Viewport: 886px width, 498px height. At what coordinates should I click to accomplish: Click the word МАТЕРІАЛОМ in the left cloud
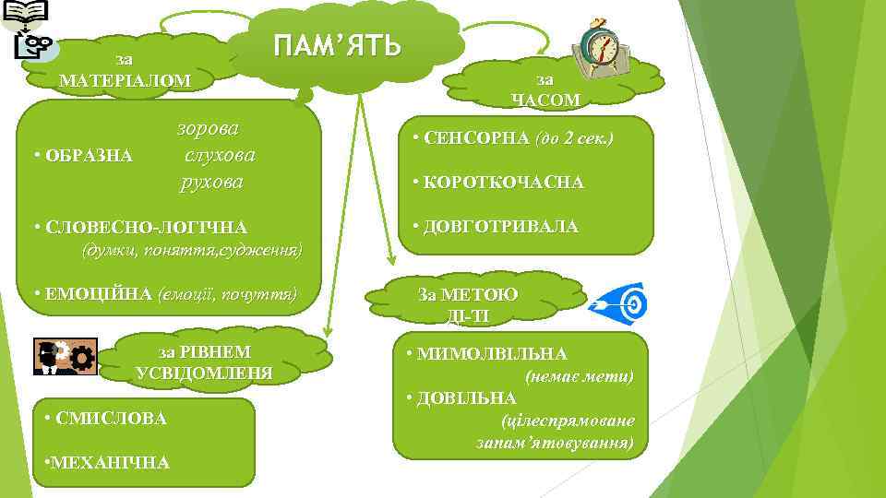[125, 80]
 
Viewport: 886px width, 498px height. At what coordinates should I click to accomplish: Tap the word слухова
[220, 154]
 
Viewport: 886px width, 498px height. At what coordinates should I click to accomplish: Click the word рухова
[211, 181]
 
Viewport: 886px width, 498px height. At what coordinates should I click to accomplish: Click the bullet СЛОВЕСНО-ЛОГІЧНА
[144, 227]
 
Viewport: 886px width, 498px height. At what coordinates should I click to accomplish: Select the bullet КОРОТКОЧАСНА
[504, 183]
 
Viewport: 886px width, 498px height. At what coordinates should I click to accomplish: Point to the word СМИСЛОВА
[111, 419]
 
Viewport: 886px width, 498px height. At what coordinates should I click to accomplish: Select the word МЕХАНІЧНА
[110, 462]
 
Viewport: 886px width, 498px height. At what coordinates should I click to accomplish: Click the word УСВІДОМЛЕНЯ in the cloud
[204, 373]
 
